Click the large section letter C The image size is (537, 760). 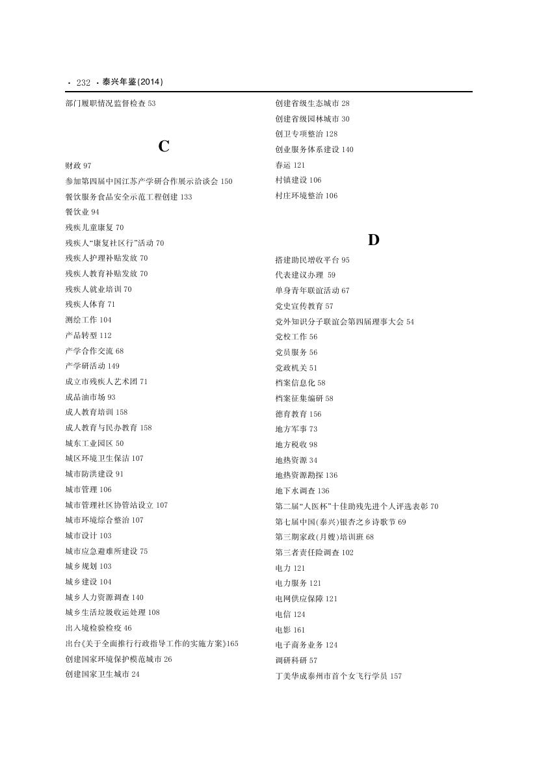[164, 147]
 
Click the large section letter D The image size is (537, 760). [373, 240]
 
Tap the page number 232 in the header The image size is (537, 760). [83, 83]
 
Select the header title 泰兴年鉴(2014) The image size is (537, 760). [133, 83]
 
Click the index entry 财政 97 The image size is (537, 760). [78, 166]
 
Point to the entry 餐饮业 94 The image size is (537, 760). [82, 212]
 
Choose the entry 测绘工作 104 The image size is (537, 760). [88, 320]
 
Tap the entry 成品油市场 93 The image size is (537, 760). [90, 397]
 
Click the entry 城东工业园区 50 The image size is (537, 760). [94, 443]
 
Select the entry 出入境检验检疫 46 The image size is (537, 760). [98, 628]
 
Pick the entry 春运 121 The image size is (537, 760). [290, 165]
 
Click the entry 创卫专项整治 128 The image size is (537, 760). [306, 134]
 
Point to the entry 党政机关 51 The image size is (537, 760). [296, 368]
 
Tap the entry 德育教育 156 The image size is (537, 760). [298, 414]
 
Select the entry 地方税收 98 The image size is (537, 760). [296, 445]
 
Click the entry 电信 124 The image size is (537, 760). [290, 614]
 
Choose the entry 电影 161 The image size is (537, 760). [290, 630]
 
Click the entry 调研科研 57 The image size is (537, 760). [296, 661]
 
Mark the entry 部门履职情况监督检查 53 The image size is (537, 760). [111, 103]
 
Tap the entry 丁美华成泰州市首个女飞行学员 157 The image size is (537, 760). [338, 676]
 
